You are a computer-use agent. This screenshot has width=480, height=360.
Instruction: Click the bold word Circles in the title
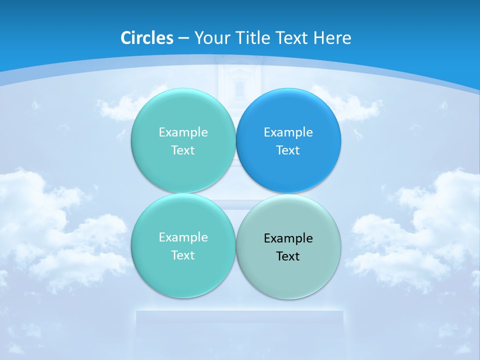point(147,38)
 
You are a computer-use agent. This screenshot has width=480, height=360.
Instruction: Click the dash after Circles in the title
point(183,38)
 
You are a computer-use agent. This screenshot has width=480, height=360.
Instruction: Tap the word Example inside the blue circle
point(288,132)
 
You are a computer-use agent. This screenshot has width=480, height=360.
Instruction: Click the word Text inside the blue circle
point(288,150)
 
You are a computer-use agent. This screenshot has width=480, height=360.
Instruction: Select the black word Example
point(288,238)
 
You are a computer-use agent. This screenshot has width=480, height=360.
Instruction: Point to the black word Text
point(288,256)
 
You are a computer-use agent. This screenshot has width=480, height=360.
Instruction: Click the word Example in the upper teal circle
point(183,132)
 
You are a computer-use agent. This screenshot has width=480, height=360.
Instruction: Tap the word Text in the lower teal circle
point(183,255)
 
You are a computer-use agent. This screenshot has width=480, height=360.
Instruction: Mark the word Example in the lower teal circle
point(183,237)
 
